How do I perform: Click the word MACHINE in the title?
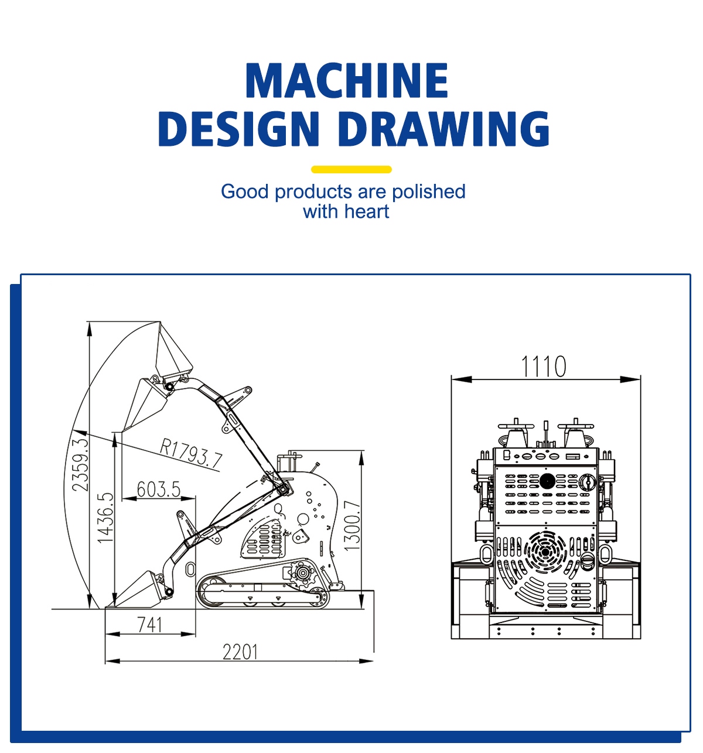tap(347, 80)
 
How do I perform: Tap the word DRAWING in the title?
tap(443, 129)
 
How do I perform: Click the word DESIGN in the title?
tap(238, 129)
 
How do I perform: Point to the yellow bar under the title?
tap(351, 169)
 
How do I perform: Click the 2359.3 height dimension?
tap(80, 465)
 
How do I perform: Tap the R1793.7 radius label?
tap(191, 453)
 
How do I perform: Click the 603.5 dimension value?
tap(158, 489)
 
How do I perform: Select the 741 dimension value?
tap(150, 624)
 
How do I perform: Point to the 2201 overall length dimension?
tap(240, 652)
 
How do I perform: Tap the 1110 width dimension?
tap(543, 367)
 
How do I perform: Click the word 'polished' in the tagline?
tap(428, 191)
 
